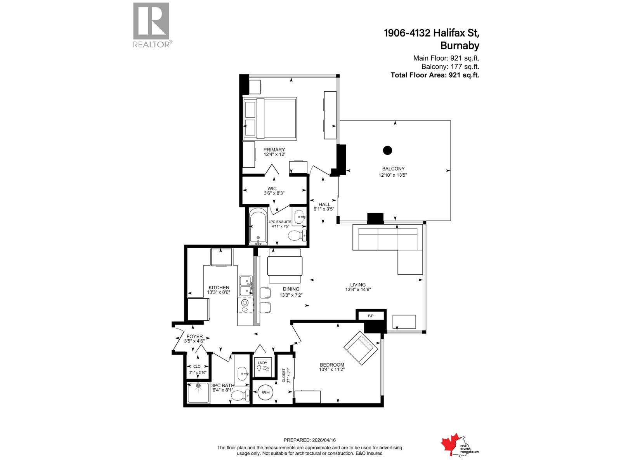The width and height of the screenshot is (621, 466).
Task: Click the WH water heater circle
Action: [265, 392]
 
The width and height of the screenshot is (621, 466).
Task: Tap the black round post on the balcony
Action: [387, 150]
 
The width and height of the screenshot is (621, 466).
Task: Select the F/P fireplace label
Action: [371, 316]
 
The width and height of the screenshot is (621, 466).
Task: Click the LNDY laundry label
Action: [262, 363]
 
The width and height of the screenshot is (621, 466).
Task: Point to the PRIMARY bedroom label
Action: [274, 150]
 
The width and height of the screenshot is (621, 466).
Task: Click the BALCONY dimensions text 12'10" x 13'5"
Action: [393, 175]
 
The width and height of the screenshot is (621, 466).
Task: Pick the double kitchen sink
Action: [246, 285]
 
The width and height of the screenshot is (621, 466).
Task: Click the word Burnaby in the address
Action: [460, 46]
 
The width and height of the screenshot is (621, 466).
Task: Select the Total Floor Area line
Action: [435, 75]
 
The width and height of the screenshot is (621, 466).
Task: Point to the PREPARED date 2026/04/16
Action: [309, 440]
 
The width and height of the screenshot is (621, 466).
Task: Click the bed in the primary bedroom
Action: [270, 118]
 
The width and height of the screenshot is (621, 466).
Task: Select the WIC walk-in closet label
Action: [272, 189]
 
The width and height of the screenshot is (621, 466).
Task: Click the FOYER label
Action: [194, 336]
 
